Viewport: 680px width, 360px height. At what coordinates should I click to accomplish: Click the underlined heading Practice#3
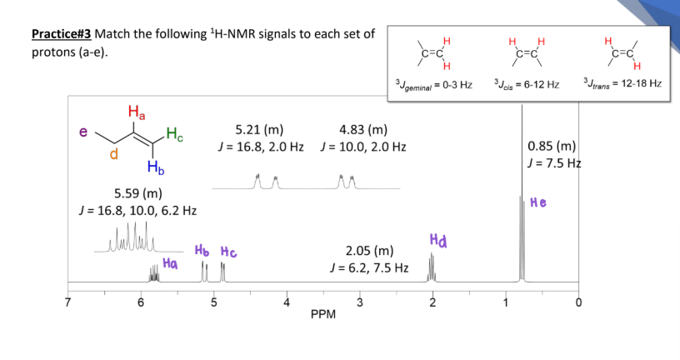61,34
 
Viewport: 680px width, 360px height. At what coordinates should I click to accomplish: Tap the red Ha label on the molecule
137,112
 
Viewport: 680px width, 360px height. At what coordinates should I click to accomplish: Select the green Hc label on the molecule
174,134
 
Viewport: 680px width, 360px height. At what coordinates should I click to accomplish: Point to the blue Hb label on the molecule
156,167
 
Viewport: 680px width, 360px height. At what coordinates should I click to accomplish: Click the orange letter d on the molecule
113,153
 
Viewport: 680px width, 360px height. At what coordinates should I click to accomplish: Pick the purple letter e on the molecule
83,132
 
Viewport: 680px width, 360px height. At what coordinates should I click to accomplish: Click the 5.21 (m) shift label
259,130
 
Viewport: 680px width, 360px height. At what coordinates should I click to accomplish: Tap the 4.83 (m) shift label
363,130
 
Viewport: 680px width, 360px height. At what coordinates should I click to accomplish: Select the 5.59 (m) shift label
138,193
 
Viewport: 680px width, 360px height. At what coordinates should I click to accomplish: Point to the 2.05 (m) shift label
369,251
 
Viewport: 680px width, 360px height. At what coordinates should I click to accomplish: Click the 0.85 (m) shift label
552,146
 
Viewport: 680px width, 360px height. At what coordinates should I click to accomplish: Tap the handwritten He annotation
538,202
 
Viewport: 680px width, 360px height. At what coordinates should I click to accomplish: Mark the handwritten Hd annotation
438,240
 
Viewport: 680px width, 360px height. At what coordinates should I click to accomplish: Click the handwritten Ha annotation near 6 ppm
170,262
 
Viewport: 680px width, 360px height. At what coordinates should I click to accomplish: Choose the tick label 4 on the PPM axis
287,302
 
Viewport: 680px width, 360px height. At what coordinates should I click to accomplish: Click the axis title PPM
323,314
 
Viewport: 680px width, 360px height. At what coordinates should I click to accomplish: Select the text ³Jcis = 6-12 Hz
527,83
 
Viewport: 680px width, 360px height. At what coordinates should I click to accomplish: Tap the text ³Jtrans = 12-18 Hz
622,83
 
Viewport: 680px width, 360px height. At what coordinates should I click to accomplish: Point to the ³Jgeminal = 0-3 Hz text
433,84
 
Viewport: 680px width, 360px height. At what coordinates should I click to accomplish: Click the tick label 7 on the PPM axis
67,302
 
